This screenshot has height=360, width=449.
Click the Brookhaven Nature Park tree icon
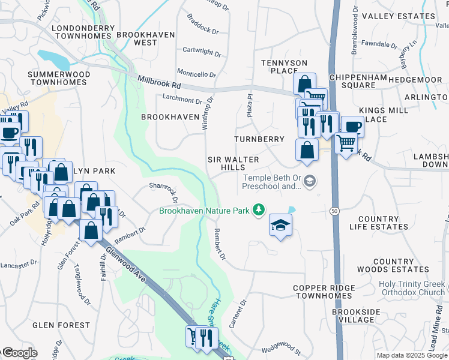click(258, 210)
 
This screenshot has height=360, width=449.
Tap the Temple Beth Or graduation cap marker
click(310, 181)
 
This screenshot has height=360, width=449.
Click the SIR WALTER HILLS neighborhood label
click(233, 164)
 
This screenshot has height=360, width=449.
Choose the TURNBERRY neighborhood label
click(259, 139)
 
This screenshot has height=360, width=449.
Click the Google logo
click(19, 353)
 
